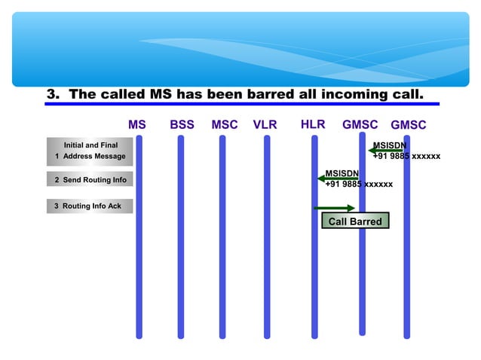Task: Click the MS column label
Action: tap(137, 125)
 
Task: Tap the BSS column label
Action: tap(182, 125)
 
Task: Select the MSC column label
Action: tap(225, 125)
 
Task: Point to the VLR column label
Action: tap(265, 125)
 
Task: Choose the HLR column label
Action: tap(313, 124)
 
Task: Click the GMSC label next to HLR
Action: tap(360, 125)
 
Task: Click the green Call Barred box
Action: tap(355, 221)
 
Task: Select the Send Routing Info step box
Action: tap(90, 179)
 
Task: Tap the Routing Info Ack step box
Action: tap(89, 206)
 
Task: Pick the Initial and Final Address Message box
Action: tap(90, 150)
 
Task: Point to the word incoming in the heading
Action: tap(350, 95)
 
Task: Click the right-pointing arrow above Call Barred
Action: tap(334, 208)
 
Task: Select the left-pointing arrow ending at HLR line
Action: tap(337, 179)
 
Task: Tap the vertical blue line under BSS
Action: tap(181, 241)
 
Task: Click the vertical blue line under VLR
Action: tap(267, 241)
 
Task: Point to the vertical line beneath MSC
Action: tap(222, 241)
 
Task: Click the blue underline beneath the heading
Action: tap(241, 104)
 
